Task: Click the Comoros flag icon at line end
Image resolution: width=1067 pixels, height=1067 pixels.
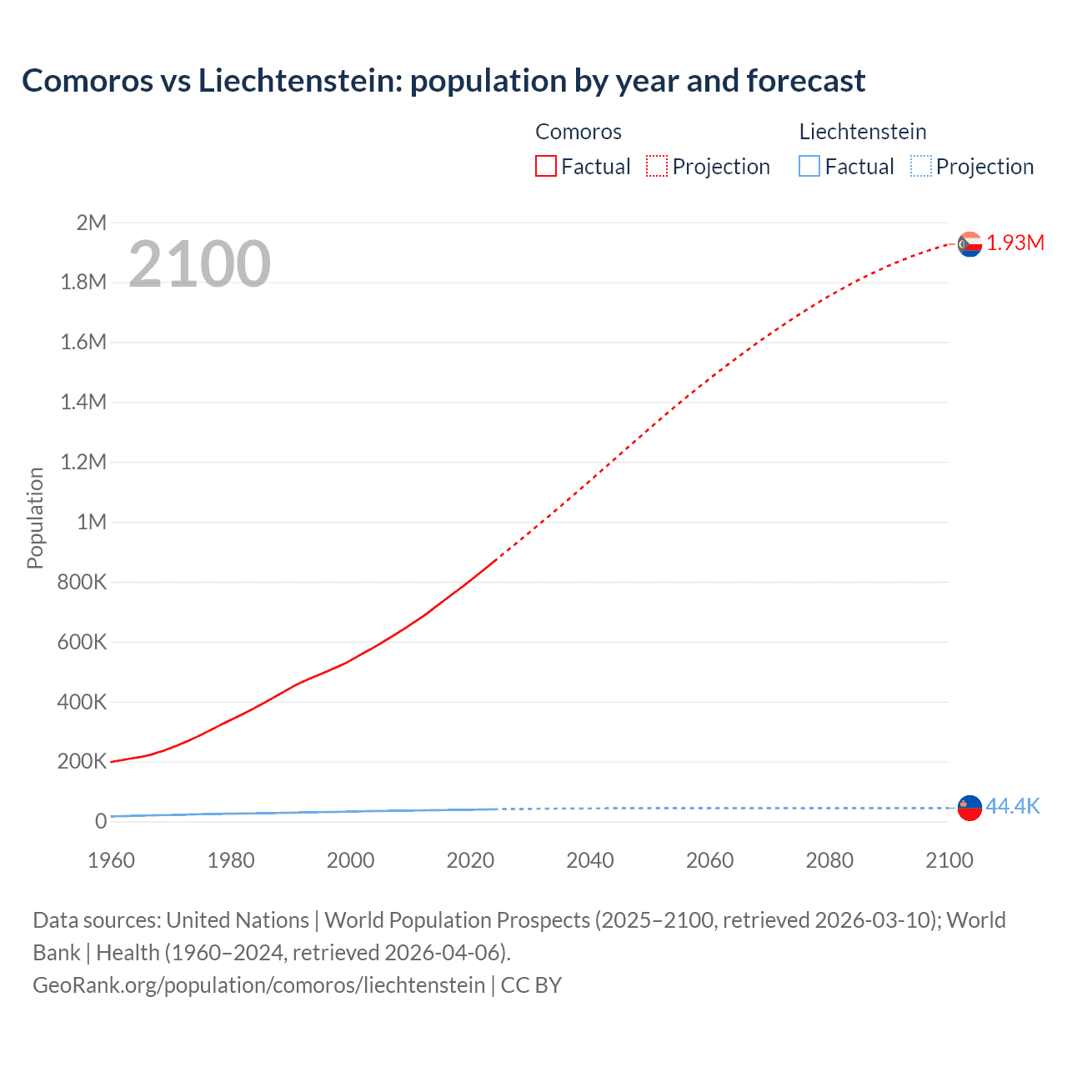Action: [969, 243]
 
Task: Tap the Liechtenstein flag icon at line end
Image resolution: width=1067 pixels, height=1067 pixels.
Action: [969, 808]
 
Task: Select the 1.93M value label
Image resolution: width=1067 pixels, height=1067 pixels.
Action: [1015, 243]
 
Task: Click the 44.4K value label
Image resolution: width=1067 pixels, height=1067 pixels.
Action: [1013, 806]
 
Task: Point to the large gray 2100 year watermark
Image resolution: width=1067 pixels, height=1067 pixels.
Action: [199, 264]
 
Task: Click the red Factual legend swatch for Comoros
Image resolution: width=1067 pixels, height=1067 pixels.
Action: [545, 167]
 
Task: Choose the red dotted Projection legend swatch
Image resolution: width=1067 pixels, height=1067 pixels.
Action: [657, 167]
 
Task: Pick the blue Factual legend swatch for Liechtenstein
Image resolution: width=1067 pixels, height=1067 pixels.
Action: [809, 167]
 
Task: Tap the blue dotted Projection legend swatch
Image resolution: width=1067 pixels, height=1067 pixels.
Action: [920, 167]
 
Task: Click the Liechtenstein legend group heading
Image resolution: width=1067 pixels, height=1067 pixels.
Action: [863, 132]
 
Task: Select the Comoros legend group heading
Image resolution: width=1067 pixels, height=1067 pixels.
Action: [579, 132]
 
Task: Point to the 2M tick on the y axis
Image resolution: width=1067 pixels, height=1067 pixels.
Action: [92, 223]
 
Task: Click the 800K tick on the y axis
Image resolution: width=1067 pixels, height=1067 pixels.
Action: [83, 582]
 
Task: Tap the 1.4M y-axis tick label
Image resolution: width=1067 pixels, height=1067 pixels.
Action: [84, 402]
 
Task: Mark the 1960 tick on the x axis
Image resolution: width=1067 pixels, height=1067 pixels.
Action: [111, 860]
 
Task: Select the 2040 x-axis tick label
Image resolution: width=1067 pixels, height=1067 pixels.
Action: [590, 860]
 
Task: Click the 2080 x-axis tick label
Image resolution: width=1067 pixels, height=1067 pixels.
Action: [829, 860]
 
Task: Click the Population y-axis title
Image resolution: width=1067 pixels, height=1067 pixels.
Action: [35, 518]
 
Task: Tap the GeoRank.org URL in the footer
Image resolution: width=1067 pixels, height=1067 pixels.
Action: [258, 985]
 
